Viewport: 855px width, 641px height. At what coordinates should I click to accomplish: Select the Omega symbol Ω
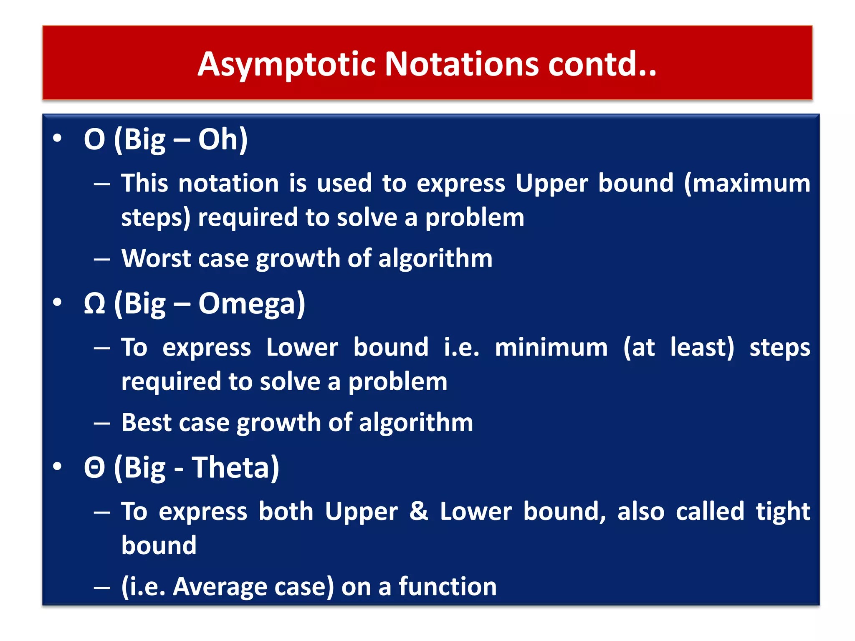pos(94,304)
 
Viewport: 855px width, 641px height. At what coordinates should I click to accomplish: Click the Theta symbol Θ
pos(94,467)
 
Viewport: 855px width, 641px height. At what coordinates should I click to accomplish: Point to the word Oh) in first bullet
pos(223,139)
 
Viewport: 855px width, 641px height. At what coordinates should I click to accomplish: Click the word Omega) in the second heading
pos(252,304)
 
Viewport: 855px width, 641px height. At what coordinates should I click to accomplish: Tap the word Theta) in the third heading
pos(235,467)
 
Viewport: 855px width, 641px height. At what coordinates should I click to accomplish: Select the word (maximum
pos(747,183)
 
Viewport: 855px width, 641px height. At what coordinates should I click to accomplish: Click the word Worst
pos(156,258)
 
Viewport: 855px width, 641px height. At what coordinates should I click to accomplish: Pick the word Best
pos(146,422)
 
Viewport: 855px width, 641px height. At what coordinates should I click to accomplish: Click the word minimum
pos(551,347)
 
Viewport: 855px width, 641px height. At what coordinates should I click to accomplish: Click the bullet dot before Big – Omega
pos(58,302)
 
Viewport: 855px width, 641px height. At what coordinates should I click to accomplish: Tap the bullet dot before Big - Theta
pos(58,466)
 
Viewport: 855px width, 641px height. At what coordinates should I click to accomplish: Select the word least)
pos(702,347)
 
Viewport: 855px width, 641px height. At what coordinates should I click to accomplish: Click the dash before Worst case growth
pos(102,260)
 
